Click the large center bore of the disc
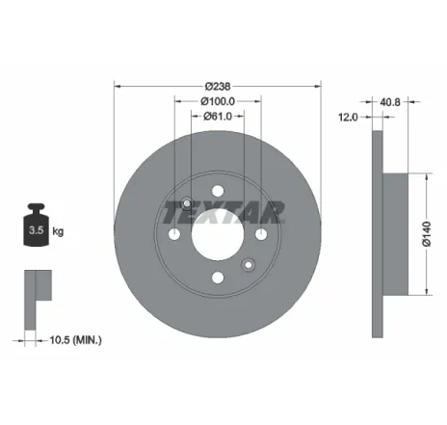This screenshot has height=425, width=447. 218,233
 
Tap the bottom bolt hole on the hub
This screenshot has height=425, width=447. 218,278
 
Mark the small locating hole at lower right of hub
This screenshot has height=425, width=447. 250,265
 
